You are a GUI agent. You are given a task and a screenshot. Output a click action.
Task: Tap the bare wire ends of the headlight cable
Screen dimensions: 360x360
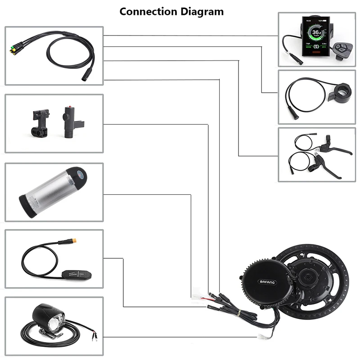pyautogui.click(x=94, y=335)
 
